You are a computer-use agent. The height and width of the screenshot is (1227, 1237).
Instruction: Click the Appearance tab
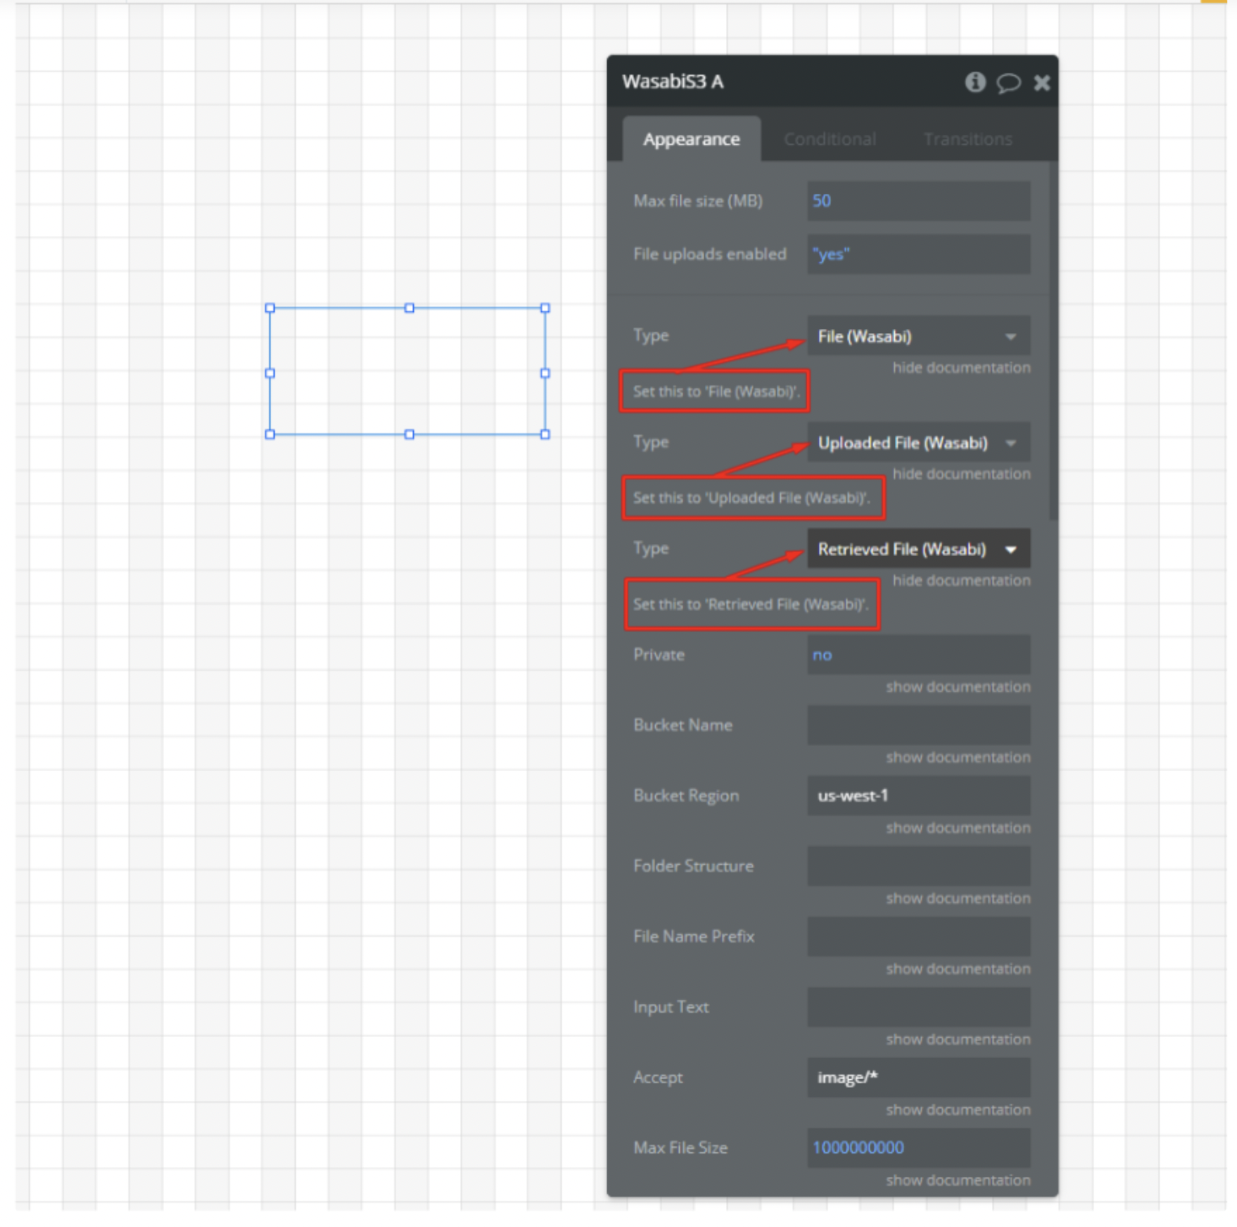[691, 139]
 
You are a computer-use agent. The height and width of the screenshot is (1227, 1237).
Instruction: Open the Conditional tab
[830, 139]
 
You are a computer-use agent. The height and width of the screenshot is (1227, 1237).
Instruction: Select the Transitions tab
[968, 139]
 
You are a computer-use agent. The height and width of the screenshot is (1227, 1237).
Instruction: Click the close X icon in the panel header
[1041, 82]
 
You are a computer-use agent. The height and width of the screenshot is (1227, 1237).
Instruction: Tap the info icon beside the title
[975, 82]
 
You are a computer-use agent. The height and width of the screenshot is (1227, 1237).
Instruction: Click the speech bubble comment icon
[1008, 82]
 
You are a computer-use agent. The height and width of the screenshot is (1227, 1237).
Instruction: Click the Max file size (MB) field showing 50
[918, 201]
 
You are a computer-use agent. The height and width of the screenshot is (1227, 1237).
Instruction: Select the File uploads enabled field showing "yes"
[918, 255]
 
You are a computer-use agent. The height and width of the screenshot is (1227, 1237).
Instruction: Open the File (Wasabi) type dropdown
[918, 336]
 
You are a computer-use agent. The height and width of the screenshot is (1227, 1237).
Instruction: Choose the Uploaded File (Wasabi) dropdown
[918, 443]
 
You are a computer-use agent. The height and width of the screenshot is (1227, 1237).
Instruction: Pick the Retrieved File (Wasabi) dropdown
[918, 550]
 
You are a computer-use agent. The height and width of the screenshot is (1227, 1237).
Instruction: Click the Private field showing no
[918, 655]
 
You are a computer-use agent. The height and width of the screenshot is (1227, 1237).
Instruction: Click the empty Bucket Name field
[918, 725]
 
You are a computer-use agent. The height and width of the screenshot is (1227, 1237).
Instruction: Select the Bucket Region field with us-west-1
[918, 795]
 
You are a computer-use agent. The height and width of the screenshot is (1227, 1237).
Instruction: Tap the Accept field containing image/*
[918, 1077]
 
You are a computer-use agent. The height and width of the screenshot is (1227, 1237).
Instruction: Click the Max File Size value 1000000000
[858, 1148]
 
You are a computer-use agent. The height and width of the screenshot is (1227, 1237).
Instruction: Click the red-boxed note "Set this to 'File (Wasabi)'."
[715, 392]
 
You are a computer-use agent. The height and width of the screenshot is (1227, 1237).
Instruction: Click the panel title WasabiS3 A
[673, 82]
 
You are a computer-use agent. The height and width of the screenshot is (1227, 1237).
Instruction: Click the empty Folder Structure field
[918, 866]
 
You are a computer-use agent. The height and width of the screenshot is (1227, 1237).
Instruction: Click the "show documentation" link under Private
[958, 687]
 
